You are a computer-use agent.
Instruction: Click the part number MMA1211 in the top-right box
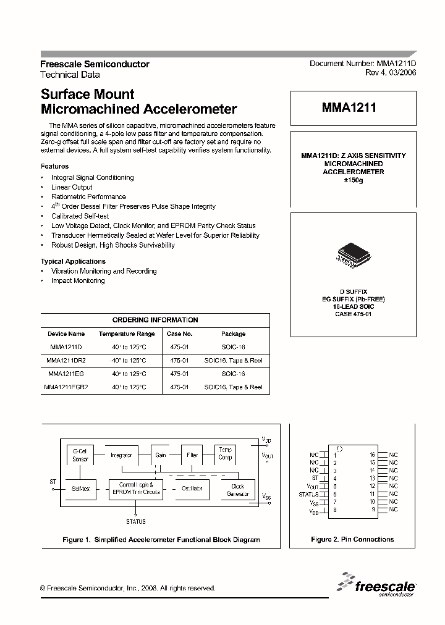[x=349, y=107]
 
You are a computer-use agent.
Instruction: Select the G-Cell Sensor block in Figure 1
[x=80, y=455]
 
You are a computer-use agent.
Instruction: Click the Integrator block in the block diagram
[x=121, y=455]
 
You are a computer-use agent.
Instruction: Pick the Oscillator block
[x=192, y=489]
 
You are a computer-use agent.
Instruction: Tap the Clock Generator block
[x=237, y=490]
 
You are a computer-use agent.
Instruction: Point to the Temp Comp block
[x=225, y=454]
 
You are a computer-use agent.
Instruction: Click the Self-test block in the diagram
[x=80, y=489]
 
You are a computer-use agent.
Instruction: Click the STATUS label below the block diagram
[x=135, y=521]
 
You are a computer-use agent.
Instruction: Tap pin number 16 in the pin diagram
[x=372, y=455]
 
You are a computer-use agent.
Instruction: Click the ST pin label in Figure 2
[x=315, y=478]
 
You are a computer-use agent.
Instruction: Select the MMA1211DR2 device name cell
[x=66, y=360]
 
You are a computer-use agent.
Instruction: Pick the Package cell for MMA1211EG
[x=233, y=374]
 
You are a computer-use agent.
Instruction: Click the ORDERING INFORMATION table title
[x=155, y=320]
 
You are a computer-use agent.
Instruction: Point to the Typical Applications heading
[x=73, y=261]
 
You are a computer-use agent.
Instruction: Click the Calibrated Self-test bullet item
[x=80, y=216]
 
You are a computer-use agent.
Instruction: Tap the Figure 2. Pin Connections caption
[x=352, y=539]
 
